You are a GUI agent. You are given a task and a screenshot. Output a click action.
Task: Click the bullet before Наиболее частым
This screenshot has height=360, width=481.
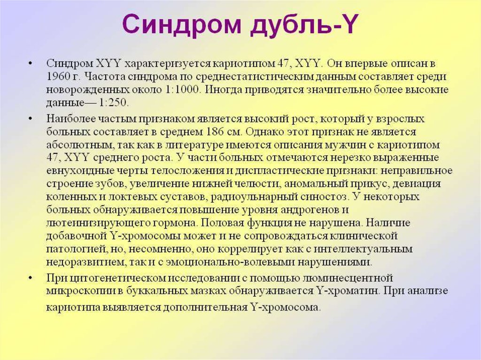coord(31,118)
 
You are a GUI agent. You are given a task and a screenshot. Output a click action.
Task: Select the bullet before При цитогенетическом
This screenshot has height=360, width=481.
coord(31,277)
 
